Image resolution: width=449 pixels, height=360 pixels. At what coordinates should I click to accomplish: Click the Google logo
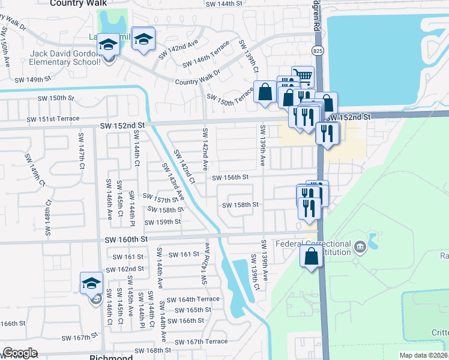20,353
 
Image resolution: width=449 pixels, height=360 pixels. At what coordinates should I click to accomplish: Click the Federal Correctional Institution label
313,248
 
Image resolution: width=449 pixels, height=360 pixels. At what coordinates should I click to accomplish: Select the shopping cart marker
303,77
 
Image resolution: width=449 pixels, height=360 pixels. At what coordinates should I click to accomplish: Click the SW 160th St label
126,239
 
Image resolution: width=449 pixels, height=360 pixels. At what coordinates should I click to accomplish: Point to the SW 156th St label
230,177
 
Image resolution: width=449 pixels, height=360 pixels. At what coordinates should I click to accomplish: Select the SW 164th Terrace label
193,299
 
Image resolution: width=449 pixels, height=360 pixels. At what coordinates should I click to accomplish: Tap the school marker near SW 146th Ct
92,283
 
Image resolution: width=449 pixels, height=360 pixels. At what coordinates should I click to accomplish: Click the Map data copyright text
423,355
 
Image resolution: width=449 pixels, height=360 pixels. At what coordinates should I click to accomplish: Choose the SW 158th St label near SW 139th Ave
240,205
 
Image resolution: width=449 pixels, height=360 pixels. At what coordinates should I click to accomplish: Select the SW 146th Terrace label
206,54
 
